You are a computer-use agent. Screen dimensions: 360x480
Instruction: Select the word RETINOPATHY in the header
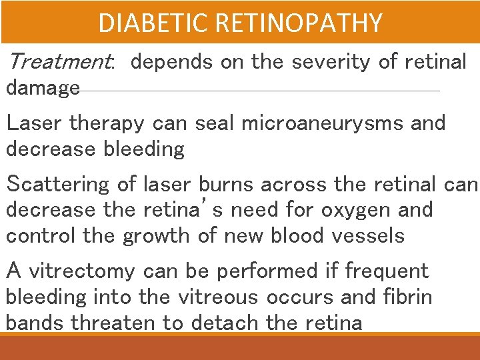(x=299, y=23)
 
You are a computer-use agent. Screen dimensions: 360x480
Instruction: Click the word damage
(x=43, y=87)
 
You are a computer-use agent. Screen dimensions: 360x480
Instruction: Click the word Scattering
(x=57, y=183)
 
